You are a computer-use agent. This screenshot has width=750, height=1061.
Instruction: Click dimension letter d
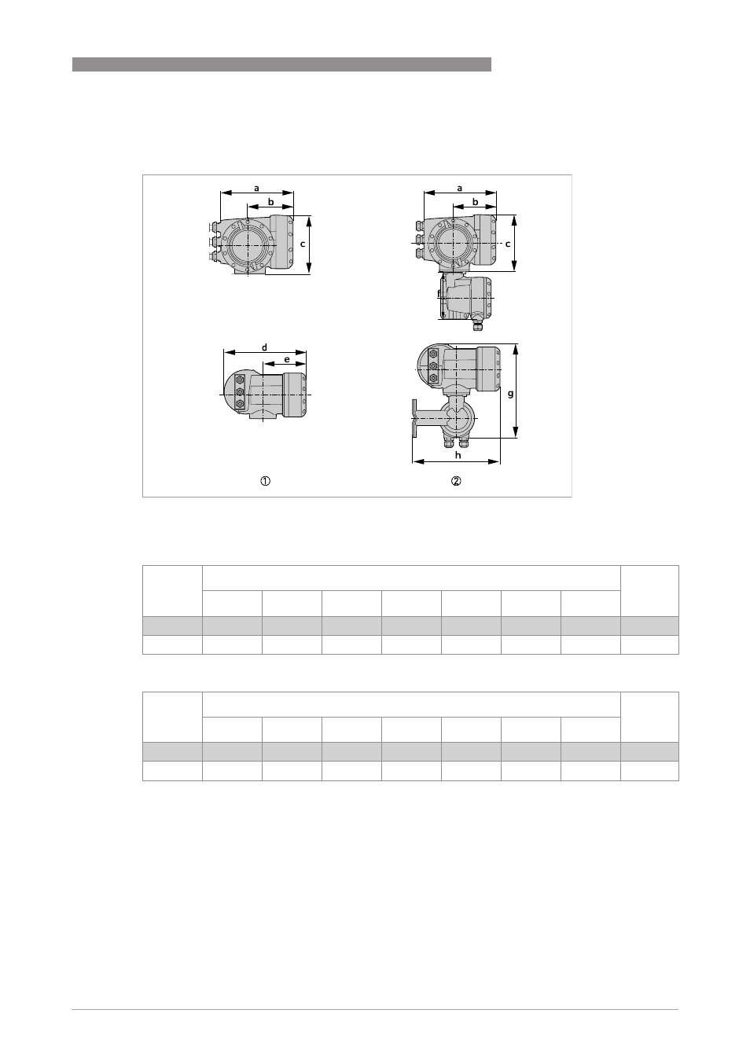click(264, 347)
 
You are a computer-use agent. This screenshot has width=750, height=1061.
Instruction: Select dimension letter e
click(287, 359)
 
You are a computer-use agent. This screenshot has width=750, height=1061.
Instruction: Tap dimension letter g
click(510, 394)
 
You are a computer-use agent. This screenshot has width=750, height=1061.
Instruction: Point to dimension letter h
click(458, 455)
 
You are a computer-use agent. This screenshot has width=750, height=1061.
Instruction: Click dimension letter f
click(439, 294)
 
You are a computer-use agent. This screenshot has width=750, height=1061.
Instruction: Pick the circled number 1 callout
click(265, 481)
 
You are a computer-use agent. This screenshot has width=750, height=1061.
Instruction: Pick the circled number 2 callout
click(456, 481)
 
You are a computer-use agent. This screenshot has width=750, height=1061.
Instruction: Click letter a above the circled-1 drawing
click(256, 189)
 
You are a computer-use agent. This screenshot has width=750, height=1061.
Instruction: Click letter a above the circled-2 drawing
click(459, 189)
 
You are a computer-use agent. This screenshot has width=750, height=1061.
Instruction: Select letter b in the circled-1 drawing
click(271, 202)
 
